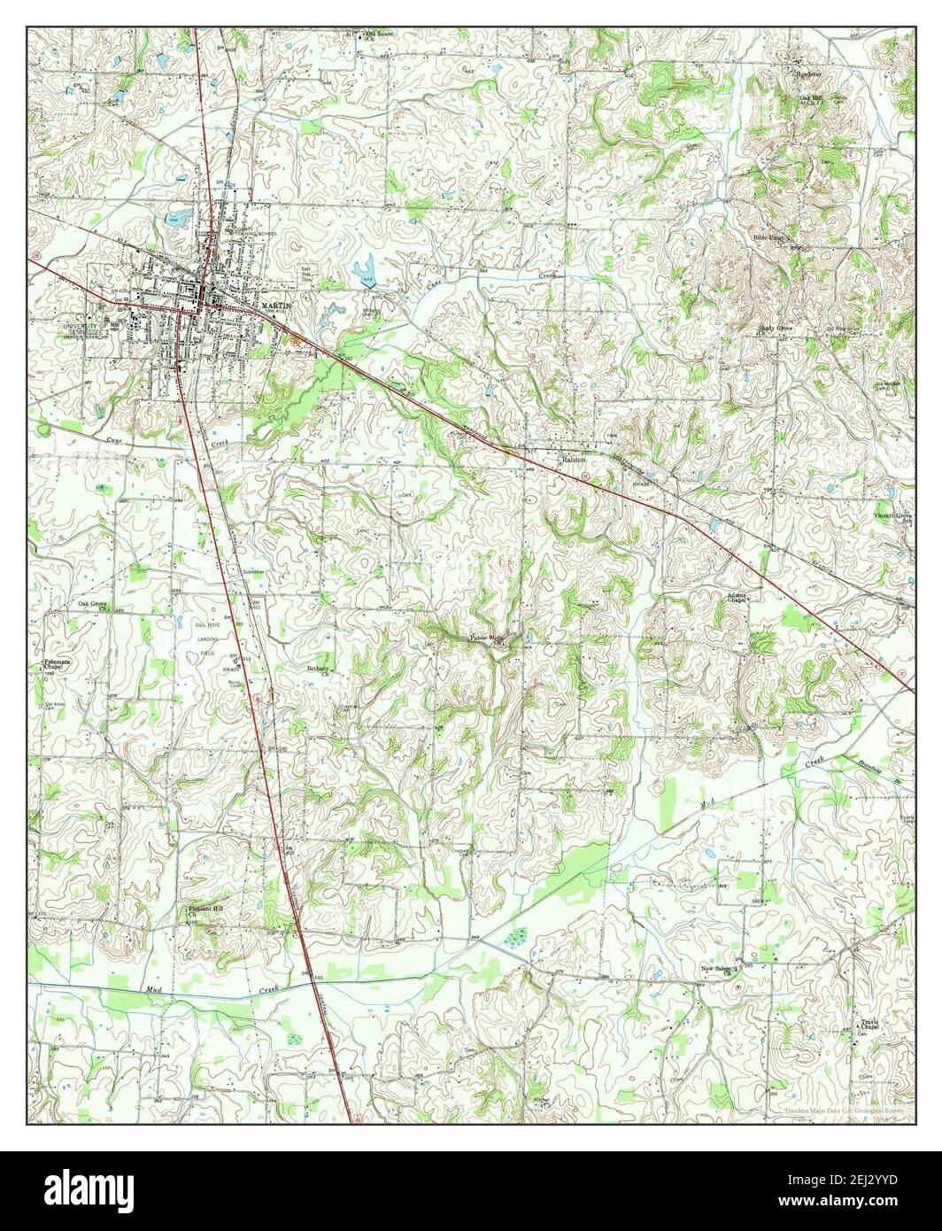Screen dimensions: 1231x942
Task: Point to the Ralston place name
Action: [570, 461]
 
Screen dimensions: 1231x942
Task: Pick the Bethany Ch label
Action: [318, 670]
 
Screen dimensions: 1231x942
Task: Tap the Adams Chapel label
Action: [737, 598]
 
